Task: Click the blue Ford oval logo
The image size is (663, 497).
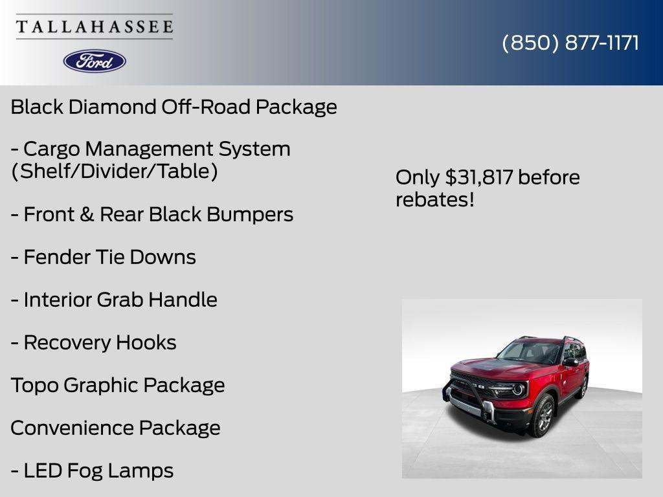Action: pos(95,61)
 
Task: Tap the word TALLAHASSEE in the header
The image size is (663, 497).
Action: pos(95,27)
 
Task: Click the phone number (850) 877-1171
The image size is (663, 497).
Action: pos(570,43)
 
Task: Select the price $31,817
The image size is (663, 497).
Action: pos(479,177)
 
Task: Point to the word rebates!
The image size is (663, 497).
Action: pos(435,200)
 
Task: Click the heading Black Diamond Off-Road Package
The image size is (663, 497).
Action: pos(174,107)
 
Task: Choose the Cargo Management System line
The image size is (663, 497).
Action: pos(150,149)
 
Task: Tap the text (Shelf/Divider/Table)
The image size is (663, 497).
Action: pos(114,172)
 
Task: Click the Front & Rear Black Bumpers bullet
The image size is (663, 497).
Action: pos(152,215)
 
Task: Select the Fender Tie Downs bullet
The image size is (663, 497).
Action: pos(103,258)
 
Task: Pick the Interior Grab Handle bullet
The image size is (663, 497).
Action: pos(113,300)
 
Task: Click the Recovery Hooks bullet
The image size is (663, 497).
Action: pos(93,343)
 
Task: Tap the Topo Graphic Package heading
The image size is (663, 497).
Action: pos(118,386)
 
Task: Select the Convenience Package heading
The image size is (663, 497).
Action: pos(115,428)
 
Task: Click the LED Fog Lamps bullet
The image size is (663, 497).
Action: pos(92,471)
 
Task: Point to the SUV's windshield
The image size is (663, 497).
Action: pos(529,352)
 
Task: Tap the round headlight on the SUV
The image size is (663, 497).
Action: pos(518,390)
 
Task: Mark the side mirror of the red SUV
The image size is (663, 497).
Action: pos(570,362)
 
